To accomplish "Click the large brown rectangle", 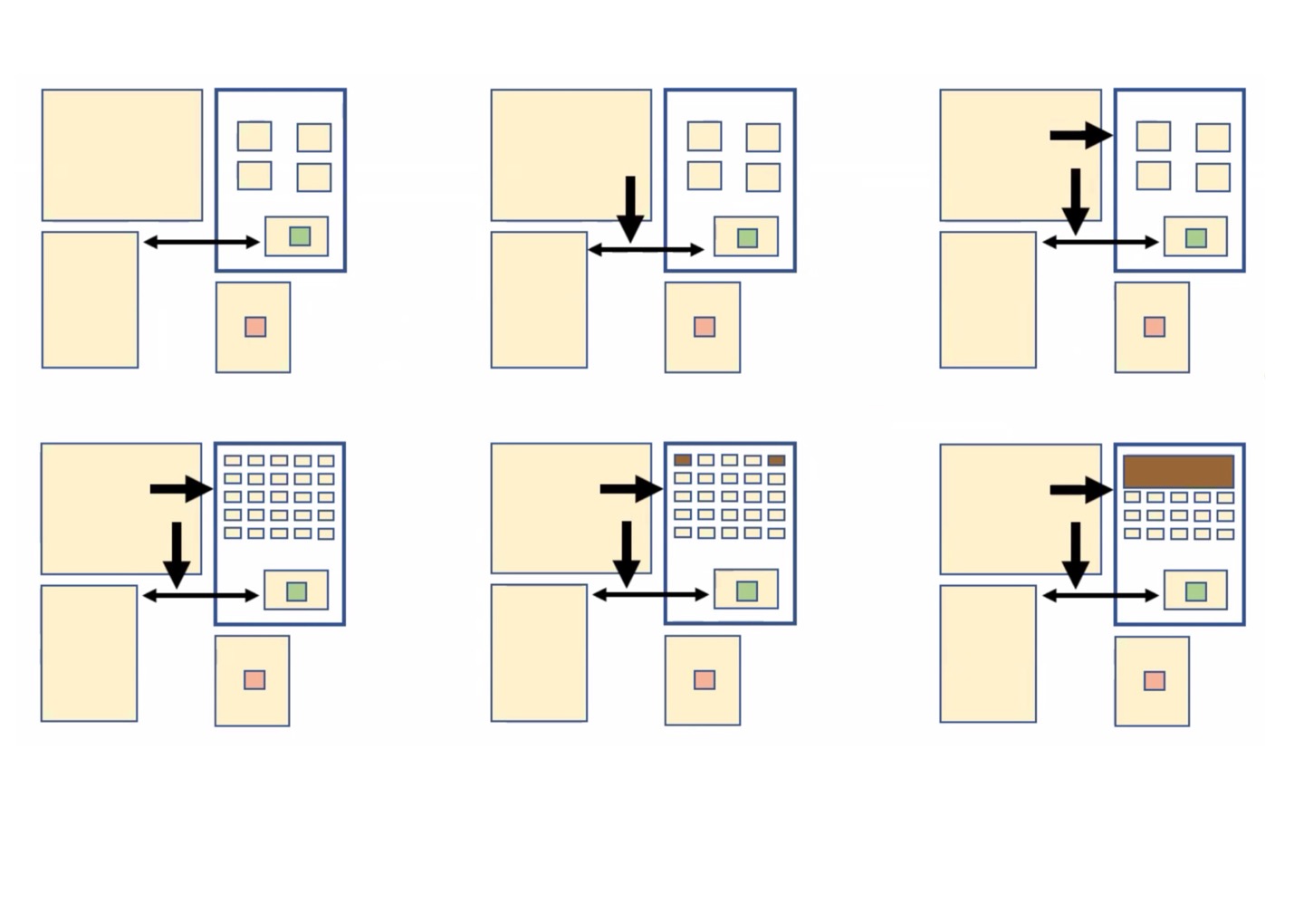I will tap(1178, 472).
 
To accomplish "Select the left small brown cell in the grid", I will tap(683, 460).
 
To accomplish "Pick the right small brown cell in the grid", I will tap(776, 460).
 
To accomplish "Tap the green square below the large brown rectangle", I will tap(1195, 591).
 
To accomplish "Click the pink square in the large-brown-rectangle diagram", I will tap(1154, 680).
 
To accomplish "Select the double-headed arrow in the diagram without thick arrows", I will tap(201, 242).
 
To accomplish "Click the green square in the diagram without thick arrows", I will tap(300, 236).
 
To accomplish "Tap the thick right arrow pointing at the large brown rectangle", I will tap(1080, 490).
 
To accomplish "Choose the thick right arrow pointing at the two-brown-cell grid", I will tap(631, 489).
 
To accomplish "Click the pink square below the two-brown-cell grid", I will tap(705, 679).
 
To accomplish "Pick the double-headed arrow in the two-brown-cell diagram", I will tap(650, 594).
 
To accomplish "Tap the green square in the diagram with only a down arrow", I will tap(747, 237).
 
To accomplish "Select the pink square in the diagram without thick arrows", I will tap(255, 326).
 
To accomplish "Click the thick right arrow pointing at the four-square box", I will tap(1080, 136).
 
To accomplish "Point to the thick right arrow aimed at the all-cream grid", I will tap(181, 489).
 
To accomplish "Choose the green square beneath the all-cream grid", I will tap(296, 591).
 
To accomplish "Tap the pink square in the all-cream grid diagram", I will tap(254, 679).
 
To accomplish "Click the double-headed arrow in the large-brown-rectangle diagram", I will tap(1100, 595).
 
